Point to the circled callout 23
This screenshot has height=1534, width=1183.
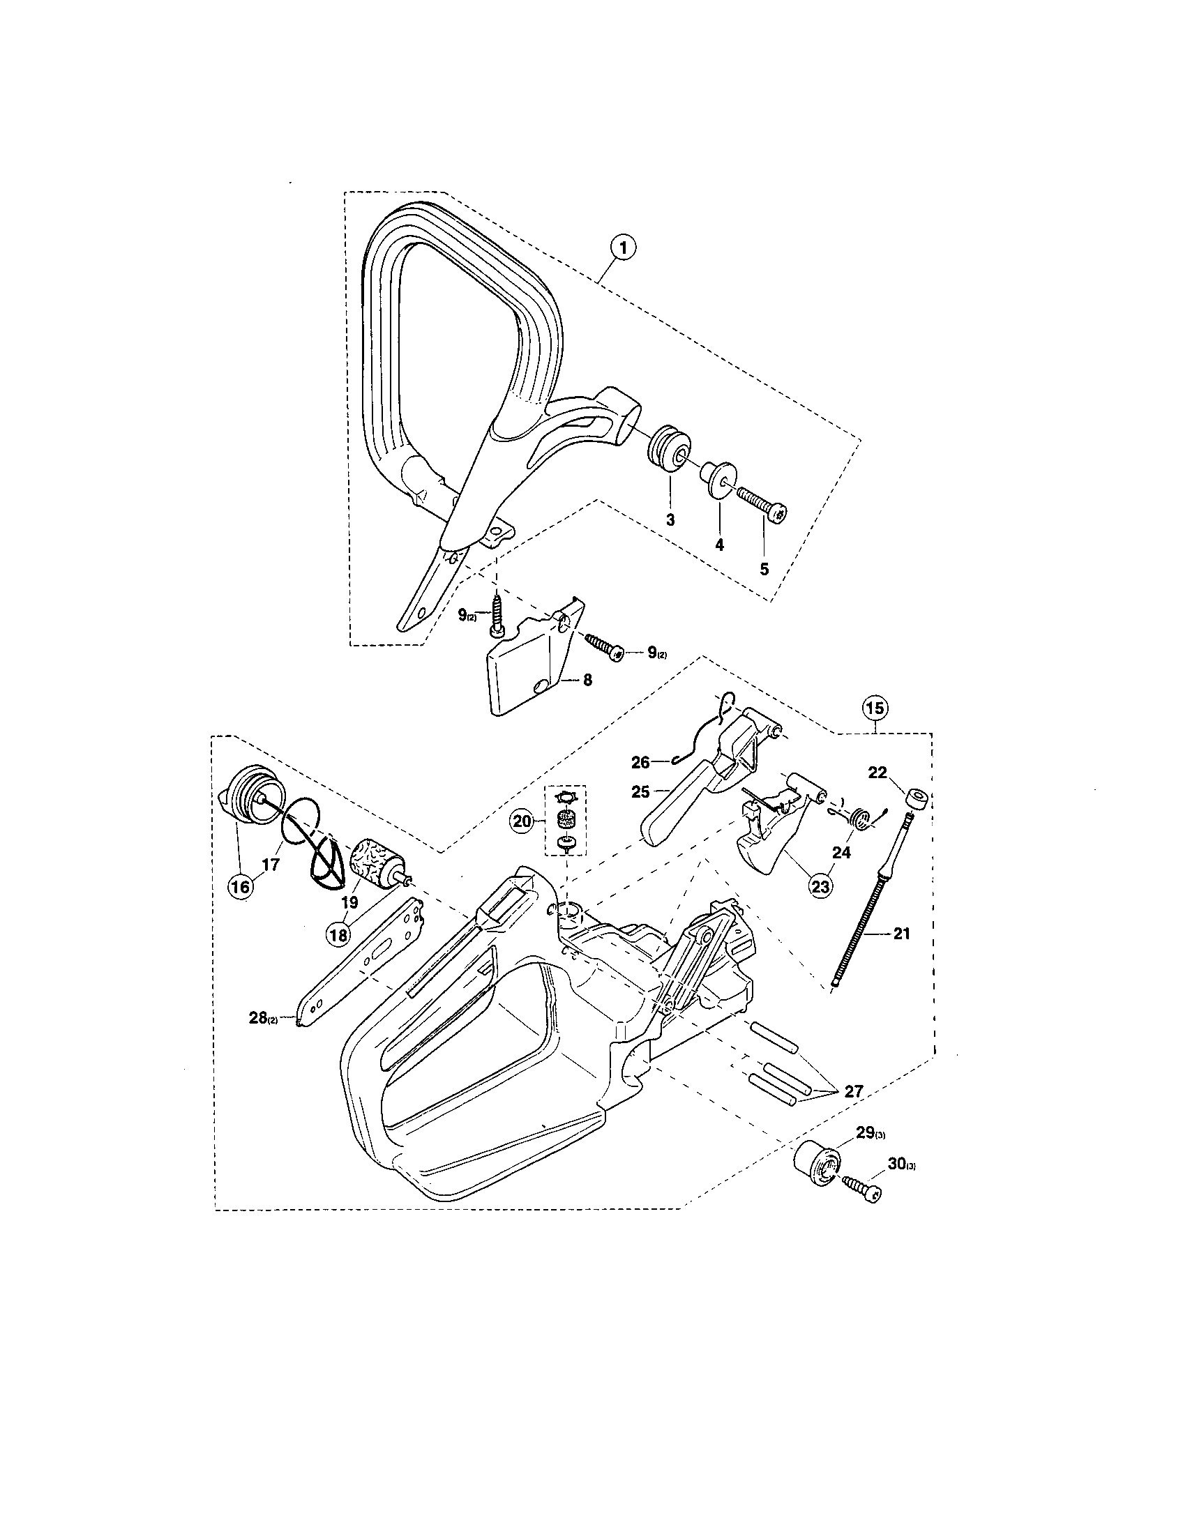820,886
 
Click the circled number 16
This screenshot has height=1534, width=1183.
239,887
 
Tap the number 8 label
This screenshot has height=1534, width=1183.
587,681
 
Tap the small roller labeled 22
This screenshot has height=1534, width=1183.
915,799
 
